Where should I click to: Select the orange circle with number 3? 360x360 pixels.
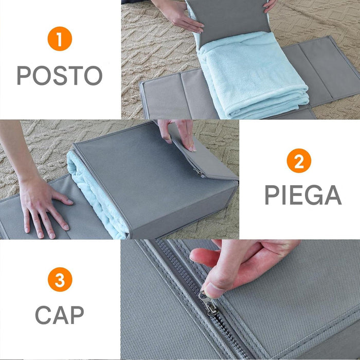pyautogui.click(x=60, y=280)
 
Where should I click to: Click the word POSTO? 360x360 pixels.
pyautogui.click(x=60, y=76)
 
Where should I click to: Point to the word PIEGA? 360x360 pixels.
pyautogui.click(x=303, y=195)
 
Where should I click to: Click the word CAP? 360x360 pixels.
pyautogui.click(x=60, y=314)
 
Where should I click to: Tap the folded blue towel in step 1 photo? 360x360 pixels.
pyautogui.click(x=252, y=77)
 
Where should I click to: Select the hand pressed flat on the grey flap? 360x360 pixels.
pyautogui.click(x=44, y=206)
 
